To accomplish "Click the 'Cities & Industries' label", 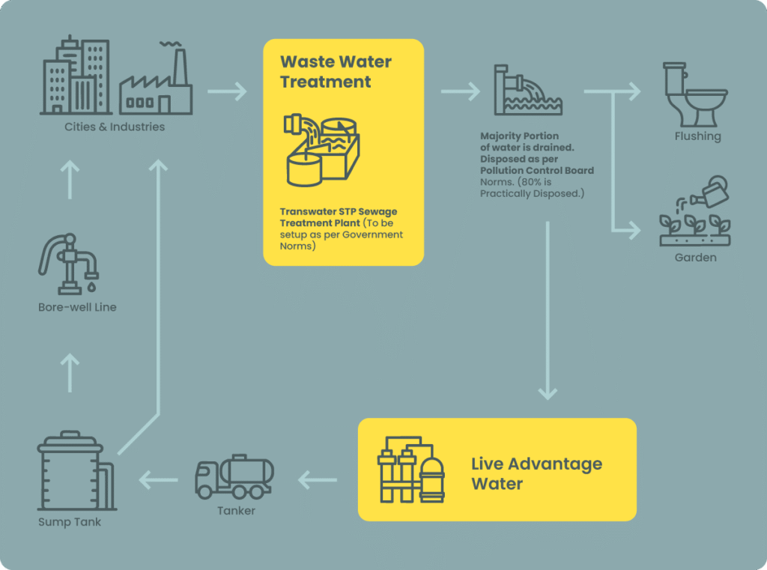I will click(114, 127).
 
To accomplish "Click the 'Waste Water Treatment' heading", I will click(336, 71).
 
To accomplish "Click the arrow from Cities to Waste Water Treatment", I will click(227, 92).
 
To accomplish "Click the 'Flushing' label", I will click(697, 136).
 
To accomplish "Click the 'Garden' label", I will click(696, 258).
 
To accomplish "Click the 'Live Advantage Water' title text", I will click(536, 473).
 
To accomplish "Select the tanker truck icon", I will click(234, 477).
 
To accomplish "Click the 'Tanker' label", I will click(236, 511).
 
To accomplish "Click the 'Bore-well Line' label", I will click(77, 307).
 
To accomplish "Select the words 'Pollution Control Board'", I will click(537, 171).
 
